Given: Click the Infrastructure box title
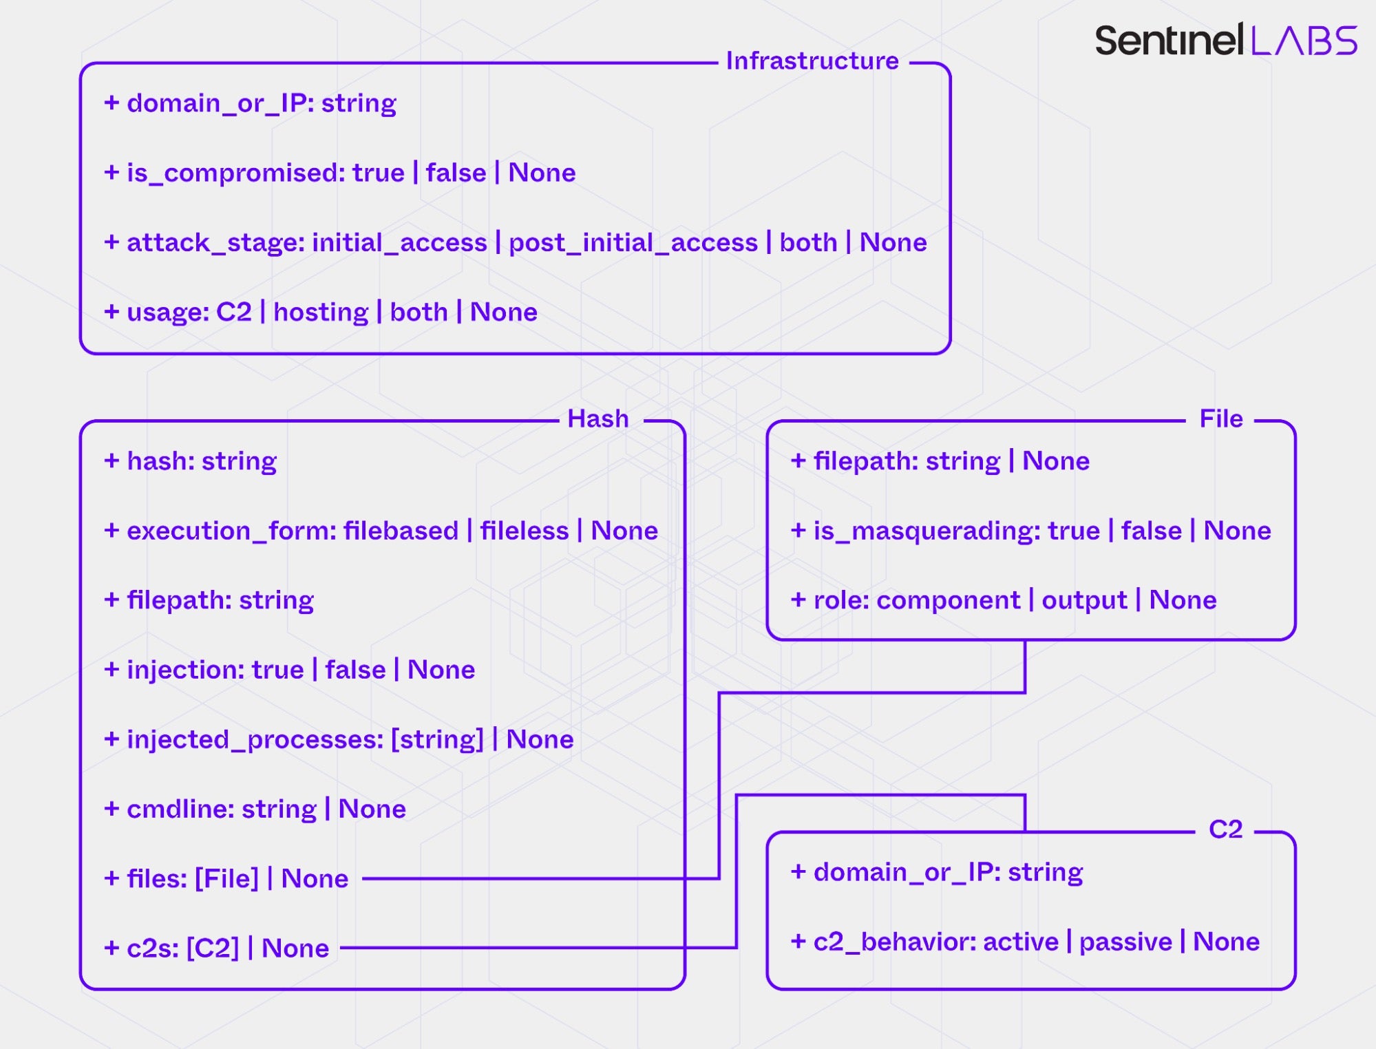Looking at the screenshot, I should (812, 61).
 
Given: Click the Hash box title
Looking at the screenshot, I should (597, 418).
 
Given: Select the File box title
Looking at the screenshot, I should (1220, 418).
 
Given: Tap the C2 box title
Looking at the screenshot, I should (1225, 829).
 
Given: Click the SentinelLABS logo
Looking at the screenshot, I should (1225, 41).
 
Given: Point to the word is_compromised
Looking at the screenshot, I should (235, 173).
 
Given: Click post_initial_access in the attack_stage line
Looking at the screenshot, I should (633, 243).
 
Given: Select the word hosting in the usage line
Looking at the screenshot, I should (321, 312).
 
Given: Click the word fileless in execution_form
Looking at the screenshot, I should (524, 531).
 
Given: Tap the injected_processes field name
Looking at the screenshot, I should (255, 739).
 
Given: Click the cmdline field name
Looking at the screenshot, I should (180, 809).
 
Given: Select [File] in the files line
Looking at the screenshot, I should (226, 879).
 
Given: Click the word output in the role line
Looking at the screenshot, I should (1084, 600).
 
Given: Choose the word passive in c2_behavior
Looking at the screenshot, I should (1125, 942).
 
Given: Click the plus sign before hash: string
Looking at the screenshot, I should (112, 460).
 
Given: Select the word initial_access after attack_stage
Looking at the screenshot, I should (399, 243).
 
